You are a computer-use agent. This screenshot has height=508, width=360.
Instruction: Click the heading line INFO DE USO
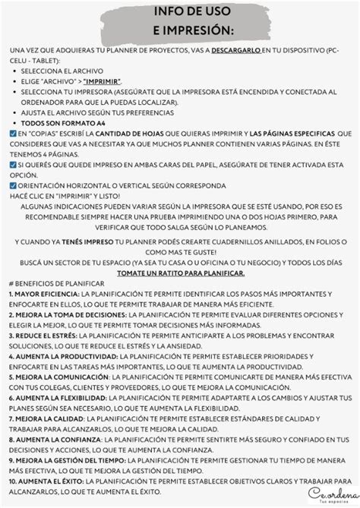tap(180, 13)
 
